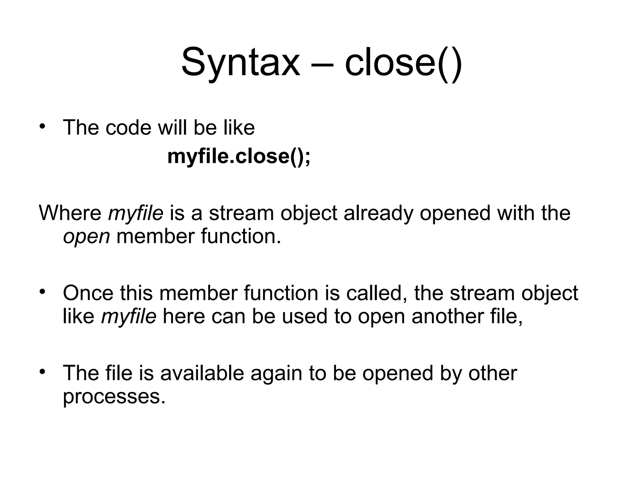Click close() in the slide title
[403, 62]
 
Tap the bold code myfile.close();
[239, 156]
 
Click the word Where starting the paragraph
[70, 213]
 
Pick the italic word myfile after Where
[136, 213]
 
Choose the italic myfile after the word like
[129, 316]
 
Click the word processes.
[114, 397]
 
